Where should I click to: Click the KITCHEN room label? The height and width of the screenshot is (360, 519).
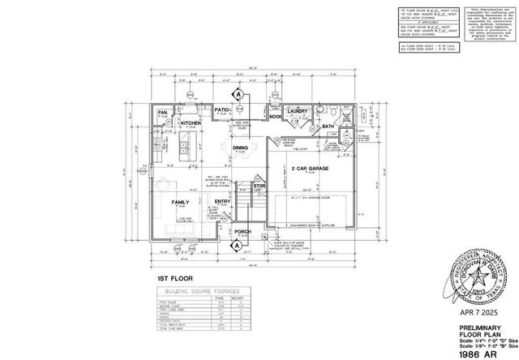[191, 123]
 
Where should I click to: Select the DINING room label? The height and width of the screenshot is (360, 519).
[241, 148]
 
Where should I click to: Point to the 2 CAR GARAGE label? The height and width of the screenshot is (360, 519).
[308, 169]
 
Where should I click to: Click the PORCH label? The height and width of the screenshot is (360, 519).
[242, 231]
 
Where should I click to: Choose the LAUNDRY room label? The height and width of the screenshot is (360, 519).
[294, 111]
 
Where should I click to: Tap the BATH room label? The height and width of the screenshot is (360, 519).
[328, 126]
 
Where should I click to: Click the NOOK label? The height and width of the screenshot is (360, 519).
[276, 117]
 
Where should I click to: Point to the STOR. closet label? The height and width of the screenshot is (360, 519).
[259, 186]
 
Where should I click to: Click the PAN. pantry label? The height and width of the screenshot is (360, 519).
[162, 113]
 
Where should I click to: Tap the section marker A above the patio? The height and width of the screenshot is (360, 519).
[240, 92]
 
